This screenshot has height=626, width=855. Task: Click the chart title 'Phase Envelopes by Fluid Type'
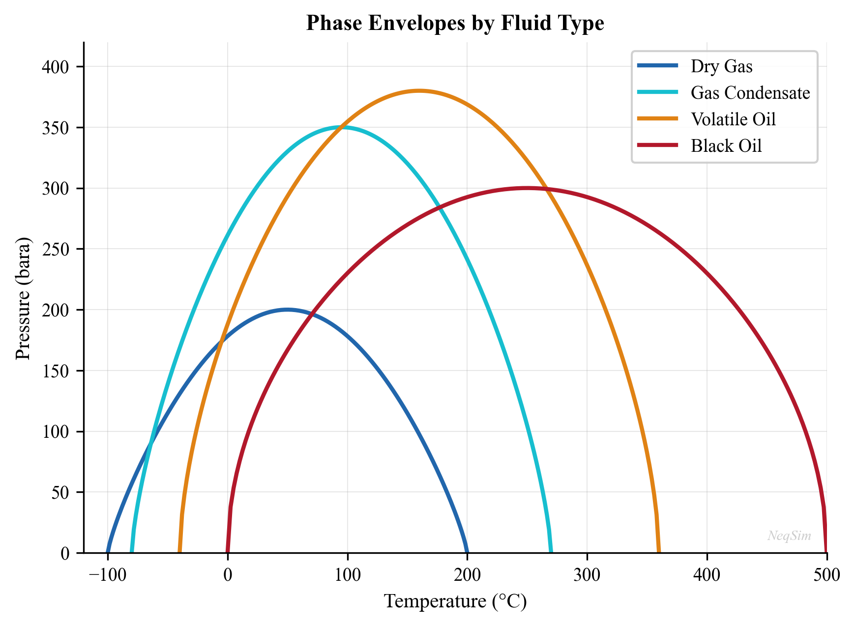coord(455,23)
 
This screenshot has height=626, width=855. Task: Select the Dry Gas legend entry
coord(721,66)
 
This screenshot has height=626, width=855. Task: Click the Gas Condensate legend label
coord(750,92)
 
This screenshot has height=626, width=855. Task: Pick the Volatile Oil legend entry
coord(733,119)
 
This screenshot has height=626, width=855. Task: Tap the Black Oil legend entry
coord(726,145)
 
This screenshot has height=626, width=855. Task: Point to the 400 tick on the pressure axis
coord(55,67)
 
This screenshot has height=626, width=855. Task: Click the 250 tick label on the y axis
coord(55,249)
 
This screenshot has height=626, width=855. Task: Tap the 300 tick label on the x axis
coord(587,574)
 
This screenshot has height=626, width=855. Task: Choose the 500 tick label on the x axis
coord(826,574)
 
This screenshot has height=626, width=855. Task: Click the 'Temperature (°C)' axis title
coord(455,601)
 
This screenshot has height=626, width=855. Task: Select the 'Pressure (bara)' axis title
coord(23,298)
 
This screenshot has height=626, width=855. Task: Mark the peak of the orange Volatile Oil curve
coord(419,91)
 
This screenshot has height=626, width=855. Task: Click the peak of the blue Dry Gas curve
coord(287,310)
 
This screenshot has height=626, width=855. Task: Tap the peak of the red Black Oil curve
coord(527,188)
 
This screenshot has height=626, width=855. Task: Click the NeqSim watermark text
coord(789,536)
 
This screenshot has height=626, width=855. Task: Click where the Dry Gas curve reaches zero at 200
coord(467,552)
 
